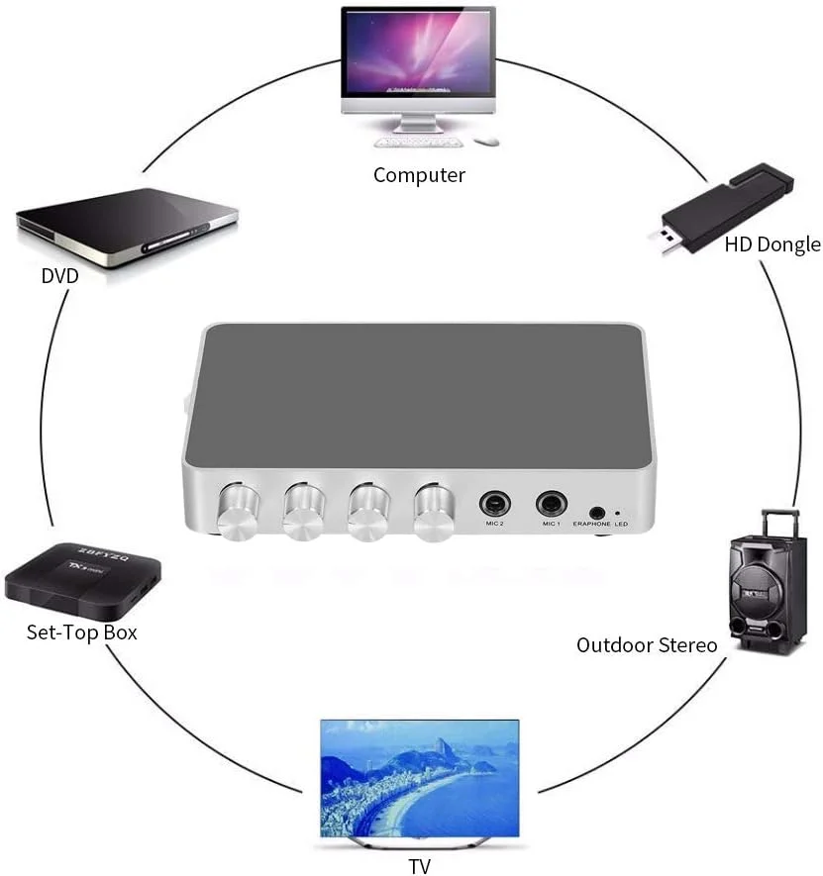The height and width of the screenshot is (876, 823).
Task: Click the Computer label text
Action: (x=418, y=175)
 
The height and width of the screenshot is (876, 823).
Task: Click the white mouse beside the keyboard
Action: (x=485, y=142)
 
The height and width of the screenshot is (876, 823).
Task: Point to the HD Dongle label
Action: (x=772, y=244)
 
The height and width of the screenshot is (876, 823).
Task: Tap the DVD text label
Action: (x=59, y=276)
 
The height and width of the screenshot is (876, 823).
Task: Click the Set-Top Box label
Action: (x=81, y=632)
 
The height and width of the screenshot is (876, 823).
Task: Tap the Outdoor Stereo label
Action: (x=647, y=645)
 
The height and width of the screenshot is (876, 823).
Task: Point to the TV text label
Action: (x=420, y=867)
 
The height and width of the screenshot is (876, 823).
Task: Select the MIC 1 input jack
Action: (x=551, y=504)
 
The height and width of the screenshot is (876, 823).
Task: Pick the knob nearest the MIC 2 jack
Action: (x=433, y=513)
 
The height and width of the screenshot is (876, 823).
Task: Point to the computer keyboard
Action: (x=416, y=141)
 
